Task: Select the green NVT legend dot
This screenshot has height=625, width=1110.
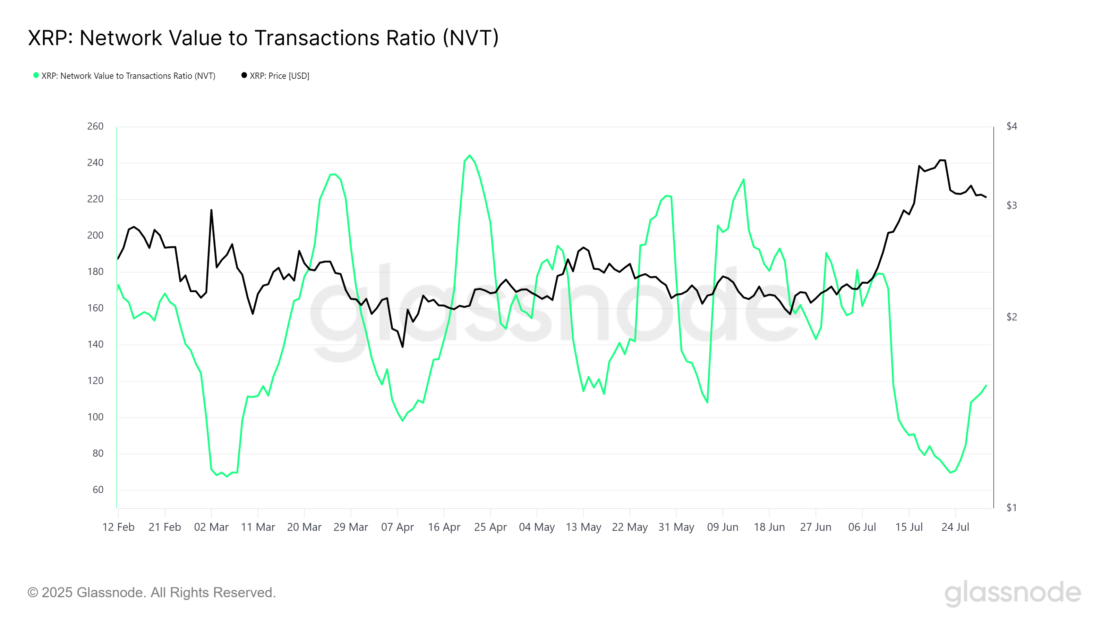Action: pos(36,75)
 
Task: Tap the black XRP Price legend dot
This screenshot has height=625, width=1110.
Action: pos(244,75)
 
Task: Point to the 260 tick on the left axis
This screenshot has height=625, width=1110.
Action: pos(95,126)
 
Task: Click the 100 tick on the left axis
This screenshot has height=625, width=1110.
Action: pos(95,417)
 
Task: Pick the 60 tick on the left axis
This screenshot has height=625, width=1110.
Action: pos(98,490)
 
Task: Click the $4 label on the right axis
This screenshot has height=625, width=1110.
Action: pos(1011,126)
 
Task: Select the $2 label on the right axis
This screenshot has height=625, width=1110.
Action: pos(1011,317)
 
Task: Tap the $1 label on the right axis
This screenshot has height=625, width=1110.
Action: pos(1011,508)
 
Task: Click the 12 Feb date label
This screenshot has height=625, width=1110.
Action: pos(119,527)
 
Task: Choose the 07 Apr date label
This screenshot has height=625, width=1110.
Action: pos(397,527)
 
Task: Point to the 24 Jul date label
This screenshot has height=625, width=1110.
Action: pos(955,527)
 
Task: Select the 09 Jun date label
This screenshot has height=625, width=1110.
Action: pos(723,527)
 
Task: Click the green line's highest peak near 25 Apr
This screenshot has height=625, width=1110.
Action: pos(470,155)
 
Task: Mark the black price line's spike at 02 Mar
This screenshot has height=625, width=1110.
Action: pos(211,210)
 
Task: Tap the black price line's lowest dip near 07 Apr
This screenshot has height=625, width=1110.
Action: pos(402,347)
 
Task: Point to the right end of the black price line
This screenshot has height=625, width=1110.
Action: pos(986,197)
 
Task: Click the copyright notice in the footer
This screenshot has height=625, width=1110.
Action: pos(152,593)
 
